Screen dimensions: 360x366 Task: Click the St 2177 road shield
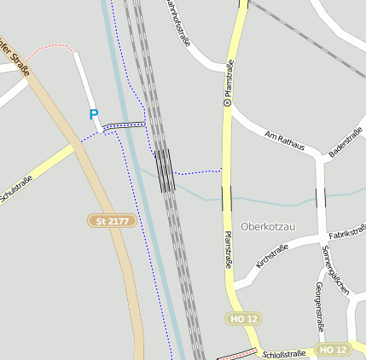[x=112, y=220]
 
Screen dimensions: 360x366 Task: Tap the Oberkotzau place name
[x=268, y=227]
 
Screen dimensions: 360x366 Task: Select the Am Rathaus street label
[x=285, y=140]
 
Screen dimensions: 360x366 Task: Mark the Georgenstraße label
[x=321, y=305]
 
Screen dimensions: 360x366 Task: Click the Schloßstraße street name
[x=283, y=353]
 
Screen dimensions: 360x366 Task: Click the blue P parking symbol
[x=94, y=114]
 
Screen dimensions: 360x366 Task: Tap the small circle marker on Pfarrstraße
[x=227, y=102]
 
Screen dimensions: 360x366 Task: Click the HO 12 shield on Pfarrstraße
[x=242, y=318]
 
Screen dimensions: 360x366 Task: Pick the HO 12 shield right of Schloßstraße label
[x=332, y=350]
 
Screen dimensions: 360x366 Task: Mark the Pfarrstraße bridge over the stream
[x=226, y=199]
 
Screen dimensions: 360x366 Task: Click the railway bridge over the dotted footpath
[x=165, y=170]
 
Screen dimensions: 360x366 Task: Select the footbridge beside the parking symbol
[x=124, y=126]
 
